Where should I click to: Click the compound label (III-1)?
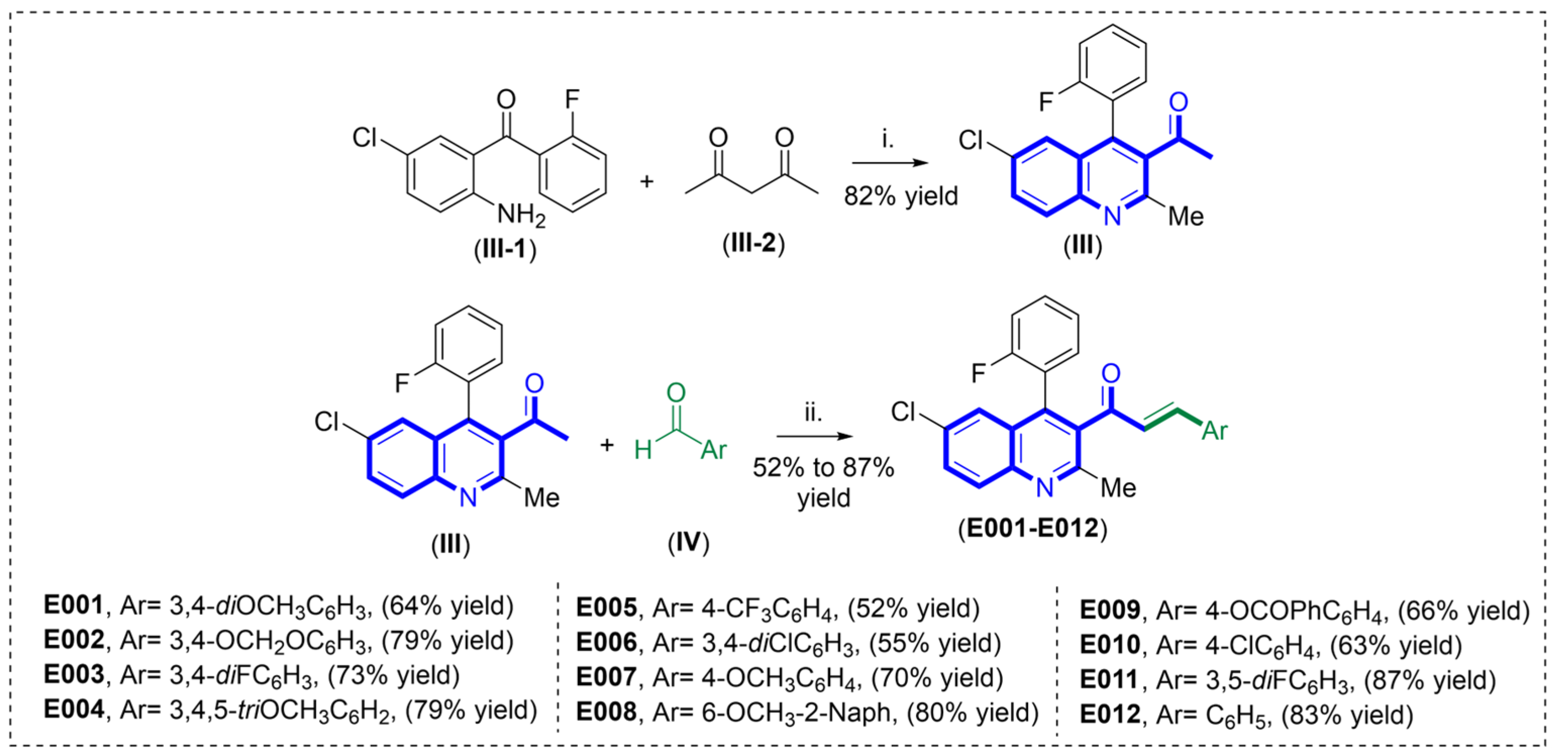[505, 249]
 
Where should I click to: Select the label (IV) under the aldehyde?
[688, 542]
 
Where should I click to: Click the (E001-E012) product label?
[1033, 528]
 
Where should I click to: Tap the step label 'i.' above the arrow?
[887, 140]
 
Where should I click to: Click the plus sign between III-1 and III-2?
[647, 181]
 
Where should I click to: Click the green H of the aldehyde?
[643, 449]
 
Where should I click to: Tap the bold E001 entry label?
[74, 605]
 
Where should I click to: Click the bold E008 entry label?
[606, 712]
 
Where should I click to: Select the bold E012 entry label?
[1110, 714]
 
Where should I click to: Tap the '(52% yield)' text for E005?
[914, 608]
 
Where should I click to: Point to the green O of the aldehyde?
[676, 393]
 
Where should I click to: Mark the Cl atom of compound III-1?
[364, 138]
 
